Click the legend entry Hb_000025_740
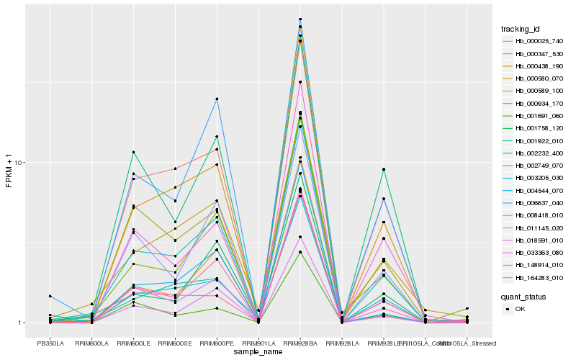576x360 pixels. tap(534, 41)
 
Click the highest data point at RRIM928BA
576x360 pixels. tap(300, 19)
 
